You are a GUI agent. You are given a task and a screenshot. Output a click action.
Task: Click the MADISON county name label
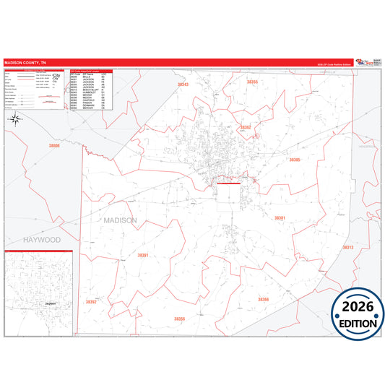click(x=120, y=220)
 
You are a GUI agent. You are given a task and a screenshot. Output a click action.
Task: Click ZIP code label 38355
click(x=252, y=82)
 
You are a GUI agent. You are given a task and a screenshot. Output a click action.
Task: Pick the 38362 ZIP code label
click(x=246, y=127)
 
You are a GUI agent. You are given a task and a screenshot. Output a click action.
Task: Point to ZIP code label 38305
click(x=294, y=160)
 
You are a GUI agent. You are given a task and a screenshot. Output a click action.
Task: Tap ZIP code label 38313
click(x=347, y=247)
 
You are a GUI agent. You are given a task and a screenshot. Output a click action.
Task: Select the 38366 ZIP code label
click(x=263, y=298)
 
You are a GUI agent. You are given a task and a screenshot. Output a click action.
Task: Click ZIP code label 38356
click(x=179, y=319)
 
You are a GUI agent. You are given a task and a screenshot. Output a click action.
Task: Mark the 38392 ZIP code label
click(x=90, y=302)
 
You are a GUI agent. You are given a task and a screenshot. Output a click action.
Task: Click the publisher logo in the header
click(x=364, y=62)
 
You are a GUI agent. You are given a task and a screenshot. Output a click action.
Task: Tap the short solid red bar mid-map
click(x=228, y=183)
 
